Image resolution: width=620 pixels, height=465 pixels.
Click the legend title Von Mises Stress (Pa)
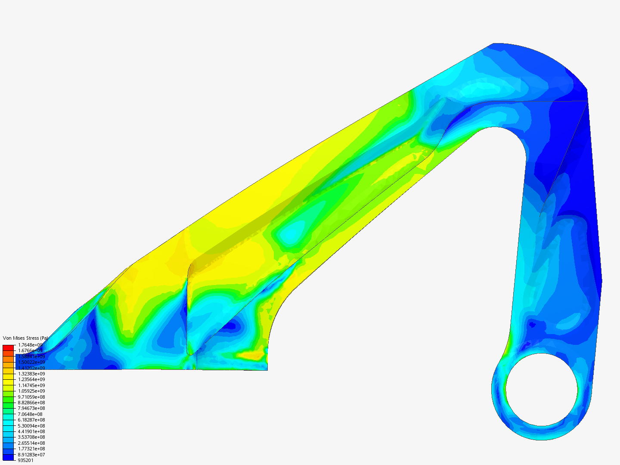click(x=25, y=338)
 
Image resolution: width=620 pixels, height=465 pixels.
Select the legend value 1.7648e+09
click(x=30, y=345)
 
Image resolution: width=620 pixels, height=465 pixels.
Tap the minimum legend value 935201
click(x=25, y=460)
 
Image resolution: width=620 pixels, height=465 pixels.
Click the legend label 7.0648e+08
click(x=30, y=414)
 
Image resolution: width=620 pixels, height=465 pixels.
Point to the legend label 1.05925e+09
click(x=31, y=391)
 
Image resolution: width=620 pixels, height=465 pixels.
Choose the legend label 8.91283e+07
click(x=31, y=455)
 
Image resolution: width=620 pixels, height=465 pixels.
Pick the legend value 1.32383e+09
click(x=31, y=374)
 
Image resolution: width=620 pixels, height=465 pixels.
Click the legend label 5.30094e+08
click(x=31, y=426)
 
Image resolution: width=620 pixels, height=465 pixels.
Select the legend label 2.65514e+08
click(x=31, y=443)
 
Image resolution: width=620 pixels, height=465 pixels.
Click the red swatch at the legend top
click(x=9, y=347)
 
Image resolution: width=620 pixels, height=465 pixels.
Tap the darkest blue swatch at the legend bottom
click(x=9, y=457)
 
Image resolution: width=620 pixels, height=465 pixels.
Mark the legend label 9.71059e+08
click(x=31, y=397)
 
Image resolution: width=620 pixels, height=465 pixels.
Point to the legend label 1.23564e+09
click(x=31, y=379)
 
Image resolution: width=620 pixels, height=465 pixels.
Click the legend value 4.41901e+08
click(x=31, y=431)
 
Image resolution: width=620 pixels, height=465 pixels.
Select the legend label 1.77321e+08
click(x=31, y=449)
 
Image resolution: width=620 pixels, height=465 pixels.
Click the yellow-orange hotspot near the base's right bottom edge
click(x=252, y=356)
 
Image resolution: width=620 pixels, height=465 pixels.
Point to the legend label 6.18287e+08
click(x=31, y=420)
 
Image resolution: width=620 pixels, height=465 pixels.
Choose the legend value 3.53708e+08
click(x=31, y=437)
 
